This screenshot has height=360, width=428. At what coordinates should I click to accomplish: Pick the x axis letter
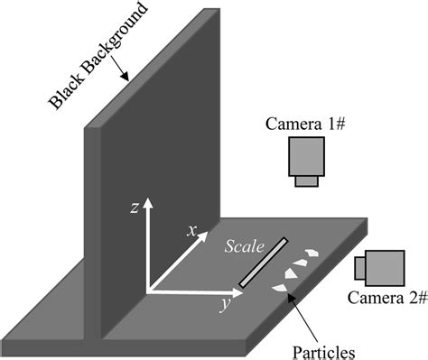click(191, 230)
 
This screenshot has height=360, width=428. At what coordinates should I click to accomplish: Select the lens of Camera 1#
click(308, 181)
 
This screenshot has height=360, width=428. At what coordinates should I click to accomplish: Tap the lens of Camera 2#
click(358, 267)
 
